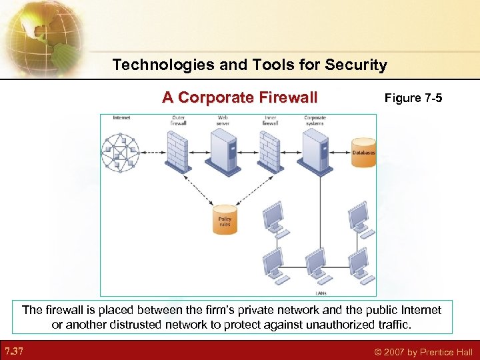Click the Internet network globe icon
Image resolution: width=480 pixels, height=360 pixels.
point(123,151)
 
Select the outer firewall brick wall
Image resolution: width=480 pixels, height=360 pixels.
point(178,151)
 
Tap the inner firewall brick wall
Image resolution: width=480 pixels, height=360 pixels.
point(269,151)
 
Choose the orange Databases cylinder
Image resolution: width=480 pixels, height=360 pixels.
point(363,151)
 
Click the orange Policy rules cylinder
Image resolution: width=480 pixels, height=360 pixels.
point(225,219)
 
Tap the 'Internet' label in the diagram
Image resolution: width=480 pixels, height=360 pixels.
point(122,118)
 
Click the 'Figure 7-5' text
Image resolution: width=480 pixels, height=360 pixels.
point(413,99)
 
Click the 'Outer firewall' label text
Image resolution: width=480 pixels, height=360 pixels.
point(178,121)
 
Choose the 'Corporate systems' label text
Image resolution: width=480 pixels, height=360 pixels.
point(315,121)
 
